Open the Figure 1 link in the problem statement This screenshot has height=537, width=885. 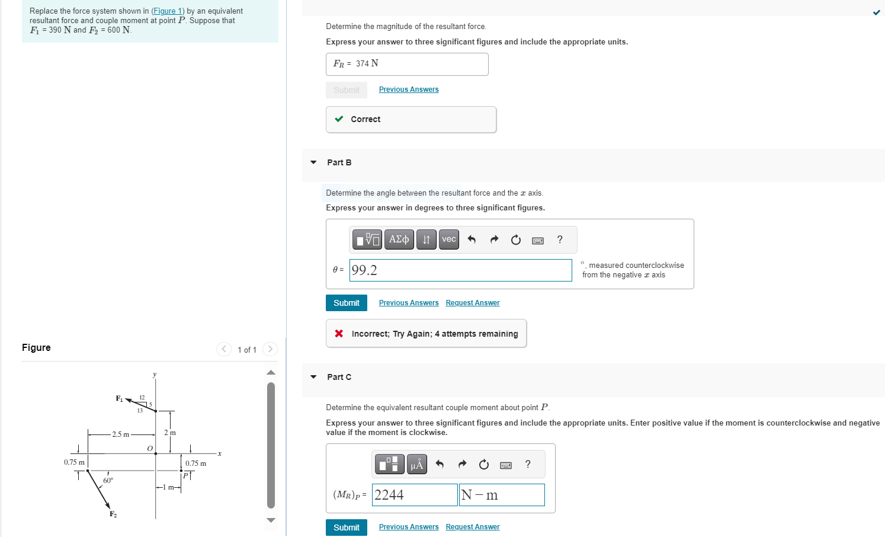click(x=168, y=11)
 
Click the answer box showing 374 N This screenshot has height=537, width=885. click(x=406, y=64)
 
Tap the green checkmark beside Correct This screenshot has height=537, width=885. click(x=339, y=119)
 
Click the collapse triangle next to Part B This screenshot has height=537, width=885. click(x=313, y=162)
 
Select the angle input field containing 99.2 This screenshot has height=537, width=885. click(x=460, y=270)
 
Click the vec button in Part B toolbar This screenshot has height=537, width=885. click(x=448, y=239)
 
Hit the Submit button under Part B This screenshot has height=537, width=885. click(x=346, y=303)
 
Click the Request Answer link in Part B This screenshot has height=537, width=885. click(x=472, y=303)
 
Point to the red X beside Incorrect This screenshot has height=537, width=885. click(x=339, y=334)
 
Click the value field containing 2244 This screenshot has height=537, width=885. click(x=414, y=495)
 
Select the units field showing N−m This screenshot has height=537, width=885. click(x=501, y=495)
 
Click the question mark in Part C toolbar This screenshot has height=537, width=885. click(x=528, y=465)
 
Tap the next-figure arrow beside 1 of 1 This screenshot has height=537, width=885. click(x=270, y=349)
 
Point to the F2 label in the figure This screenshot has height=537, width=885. click(x=113, y=514)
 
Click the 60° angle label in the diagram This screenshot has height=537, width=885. click(x=108, y=481)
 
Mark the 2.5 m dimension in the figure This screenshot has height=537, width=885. click(x=121, y=434)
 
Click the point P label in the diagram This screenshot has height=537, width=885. click(x=186, y=475)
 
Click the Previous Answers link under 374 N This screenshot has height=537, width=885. click(x=408, y=89)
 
